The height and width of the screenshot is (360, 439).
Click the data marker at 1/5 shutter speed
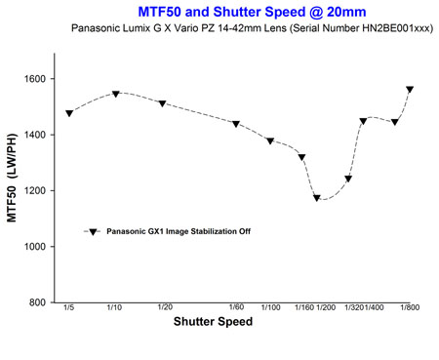pyautogui.click(x=69, y=113)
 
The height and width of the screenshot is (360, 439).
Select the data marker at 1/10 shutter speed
pyautogui.click(x=116, y=94)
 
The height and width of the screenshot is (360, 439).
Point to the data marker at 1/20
pyautogui.click(x=163, y=103)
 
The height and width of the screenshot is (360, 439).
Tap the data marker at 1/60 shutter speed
pyautogui.click(x=236, y=124)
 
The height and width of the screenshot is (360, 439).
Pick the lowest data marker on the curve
pyautogui.click(x=317, y=198)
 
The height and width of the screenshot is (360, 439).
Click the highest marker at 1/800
pyautogui.click(x=410, y=89)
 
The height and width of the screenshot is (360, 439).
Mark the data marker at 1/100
pyautogui.click(x=270, y=140)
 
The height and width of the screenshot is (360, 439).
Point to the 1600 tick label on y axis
pyautogui.click(x=35, y=79)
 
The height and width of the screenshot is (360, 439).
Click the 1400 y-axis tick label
pyautogui.click(x=35, y=135)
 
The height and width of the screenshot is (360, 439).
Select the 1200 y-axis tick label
pyautogui.click(x=35, y=191)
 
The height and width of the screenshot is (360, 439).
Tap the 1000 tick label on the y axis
pyautogui.click(x=35, y=247)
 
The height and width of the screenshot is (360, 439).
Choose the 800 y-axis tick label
pyautogui.click(x=37, y=302)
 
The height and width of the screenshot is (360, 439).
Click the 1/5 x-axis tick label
pyautogui.click(x=69, y=307)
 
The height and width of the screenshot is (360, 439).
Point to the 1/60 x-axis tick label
pyautogui.click(x=236, y=307)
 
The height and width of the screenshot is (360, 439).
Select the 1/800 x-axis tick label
pyautogui.click(x=410, y=307)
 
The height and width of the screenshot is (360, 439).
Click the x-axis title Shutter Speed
pyautogui.click(x=213, y=321)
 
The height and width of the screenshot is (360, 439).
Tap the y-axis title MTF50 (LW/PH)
pyautogui.click(x=12, y=178)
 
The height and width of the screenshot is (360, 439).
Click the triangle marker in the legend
pyautogui.click(x=94, y=232)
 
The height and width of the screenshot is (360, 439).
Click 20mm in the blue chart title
pyautogui.click(x=346, y=12)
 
